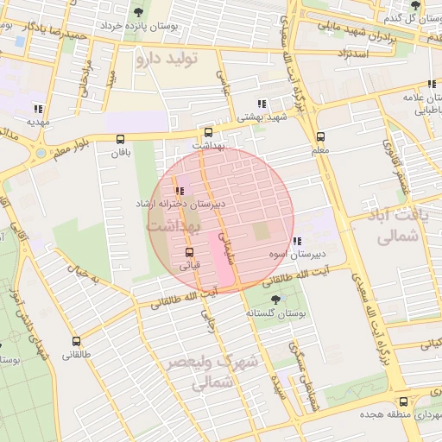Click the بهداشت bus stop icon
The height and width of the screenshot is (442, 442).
pos(208,133)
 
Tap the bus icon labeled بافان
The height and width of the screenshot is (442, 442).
pos(119,139)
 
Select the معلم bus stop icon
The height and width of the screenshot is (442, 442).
pos(321,136)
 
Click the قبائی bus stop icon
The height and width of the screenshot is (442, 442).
pos(189,252)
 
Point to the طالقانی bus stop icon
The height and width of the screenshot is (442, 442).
pos(76,341)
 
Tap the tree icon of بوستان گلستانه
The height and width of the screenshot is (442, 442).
pos(275,300)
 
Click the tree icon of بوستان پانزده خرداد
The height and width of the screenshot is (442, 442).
pos(139,12)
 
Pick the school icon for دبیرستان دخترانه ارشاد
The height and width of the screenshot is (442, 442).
pos(180,190)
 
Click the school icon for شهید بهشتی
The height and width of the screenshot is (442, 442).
pos(262,104)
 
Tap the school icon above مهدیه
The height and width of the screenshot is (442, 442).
pos(37,109)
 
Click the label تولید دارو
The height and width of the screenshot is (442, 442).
pos(167,59)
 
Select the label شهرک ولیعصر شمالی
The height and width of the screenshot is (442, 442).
pos(210,372)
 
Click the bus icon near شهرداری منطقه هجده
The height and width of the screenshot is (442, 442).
pos(404,401)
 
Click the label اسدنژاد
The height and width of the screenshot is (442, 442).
pos(356,54)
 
